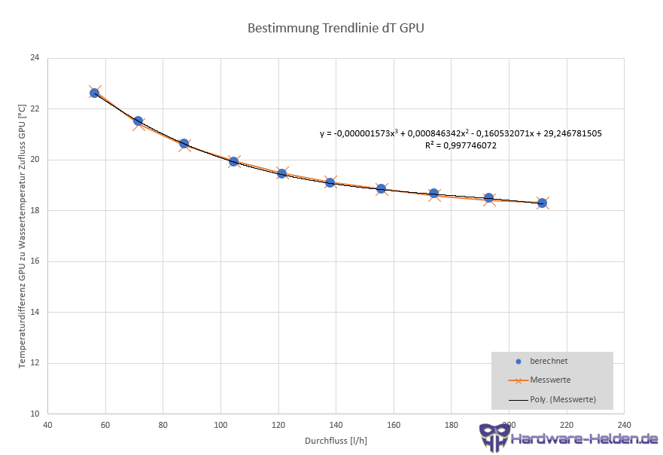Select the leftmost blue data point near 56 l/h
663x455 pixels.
(x=94, y=93)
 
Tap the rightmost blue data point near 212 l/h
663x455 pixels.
(x=542, y=203)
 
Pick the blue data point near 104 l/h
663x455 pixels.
(x=233, y=161)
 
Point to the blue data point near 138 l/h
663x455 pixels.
(x=330, y=182)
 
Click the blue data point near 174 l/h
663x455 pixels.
(x=433, y=194)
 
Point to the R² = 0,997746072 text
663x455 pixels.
(x=461, y=145)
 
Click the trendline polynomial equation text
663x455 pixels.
(x=460, y=133)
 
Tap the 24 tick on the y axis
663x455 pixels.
(x=35, y=58)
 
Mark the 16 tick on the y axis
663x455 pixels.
(x=35, y=261)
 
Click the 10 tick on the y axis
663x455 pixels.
(x=35, y=414)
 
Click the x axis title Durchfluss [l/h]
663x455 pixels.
(x=335, y=440)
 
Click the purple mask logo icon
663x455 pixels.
(x=493, y=436)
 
